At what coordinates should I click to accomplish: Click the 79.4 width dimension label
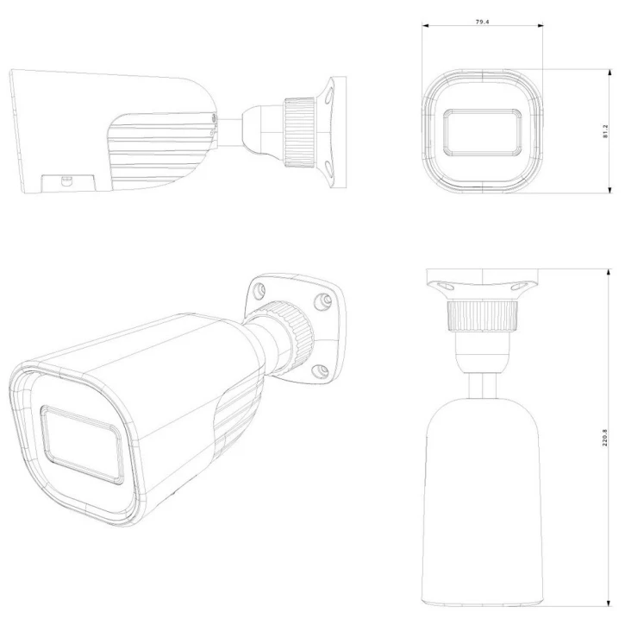pyautogui.click(x=482, y=22)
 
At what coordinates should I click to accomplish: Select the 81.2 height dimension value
pyautogui.click(x=606, y=131)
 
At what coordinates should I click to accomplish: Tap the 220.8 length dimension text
pyautogui.click(x=605, y=438)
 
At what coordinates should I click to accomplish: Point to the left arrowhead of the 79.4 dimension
pyautogui.click(x=426, y=26)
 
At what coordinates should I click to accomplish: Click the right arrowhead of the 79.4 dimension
pyautogui.click(x=540, y=26)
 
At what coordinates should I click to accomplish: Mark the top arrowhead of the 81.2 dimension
pyautogui.click(x=610, y=73)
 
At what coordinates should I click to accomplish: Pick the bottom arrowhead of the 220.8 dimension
pyautogui.click(x=609, y=602)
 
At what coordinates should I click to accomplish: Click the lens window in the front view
pyautogui.click(x=483, y=132)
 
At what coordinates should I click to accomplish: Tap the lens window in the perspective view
pyautogui.click(x=82, y=445)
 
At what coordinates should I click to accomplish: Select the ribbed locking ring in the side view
pyautogui.click(x=300, y=132)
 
